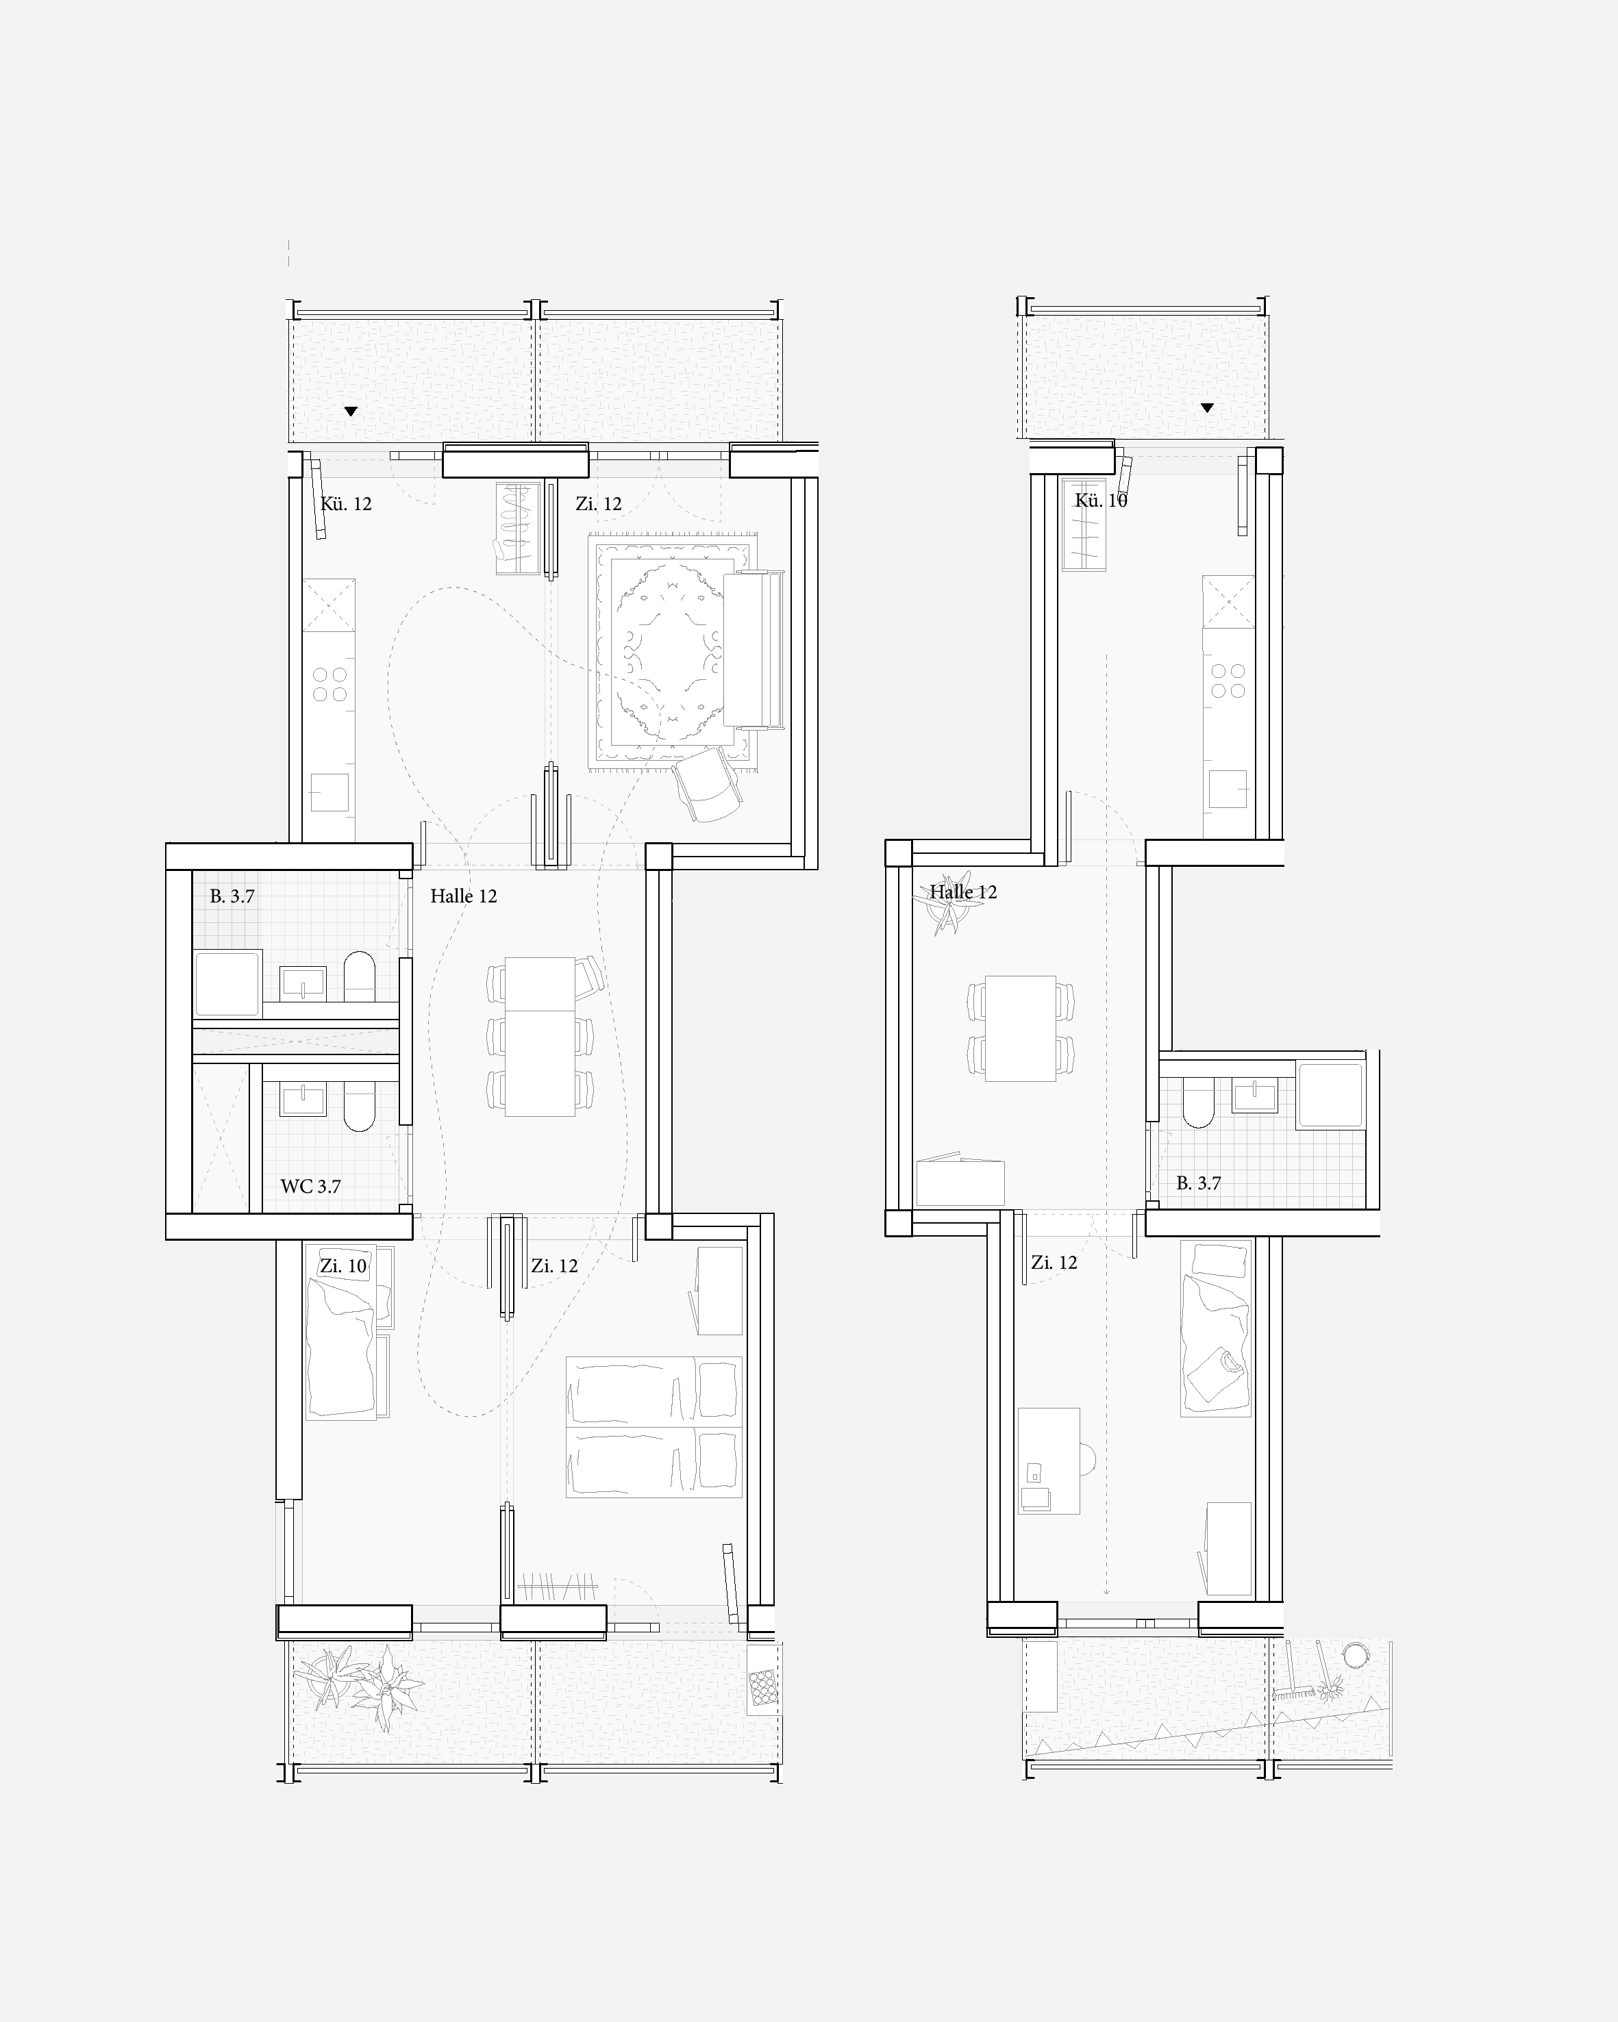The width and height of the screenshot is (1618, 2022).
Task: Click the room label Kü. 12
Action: pos(346,504)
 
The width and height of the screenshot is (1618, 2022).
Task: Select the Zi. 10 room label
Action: pos(343,1266)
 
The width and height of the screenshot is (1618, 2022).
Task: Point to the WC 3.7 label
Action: pos(310,1187)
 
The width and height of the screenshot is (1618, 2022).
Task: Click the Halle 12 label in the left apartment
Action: pos(463,896)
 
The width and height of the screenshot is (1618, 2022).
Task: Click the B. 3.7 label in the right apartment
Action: pos(1199,1184)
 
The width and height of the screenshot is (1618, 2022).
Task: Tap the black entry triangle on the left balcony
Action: pos(351,411)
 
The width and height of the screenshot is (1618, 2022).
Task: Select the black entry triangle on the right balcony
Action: pos(1207,408)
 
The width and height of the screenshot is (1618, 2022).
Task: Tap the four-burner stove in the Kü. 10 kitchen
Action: pos(1228,681)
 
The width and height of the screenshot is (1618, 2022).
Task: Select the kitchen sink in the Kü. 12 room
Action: pos(329,792)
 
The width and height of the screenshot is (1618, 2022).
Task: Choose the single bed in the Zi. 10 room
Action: pos(340,1332)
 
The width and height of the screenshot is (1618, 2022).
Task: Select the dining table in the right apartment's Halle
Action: pos(1021,1029)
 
